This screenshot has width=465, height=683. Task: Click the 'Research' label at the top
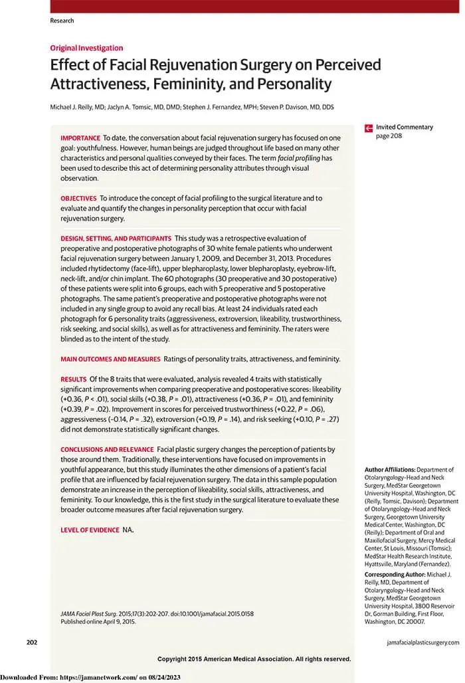tap(62, 21)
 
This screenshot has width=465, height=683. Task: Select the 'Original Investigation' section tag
tap(86, 48)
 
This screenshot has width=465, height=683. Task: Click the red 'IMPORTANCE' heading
tap(80, 136)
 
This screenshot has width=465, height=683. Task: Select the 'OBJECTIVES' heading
tap(78, 198)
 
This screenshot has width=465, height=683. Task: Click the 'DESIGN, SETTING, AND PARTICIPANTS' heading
tap(116, 238)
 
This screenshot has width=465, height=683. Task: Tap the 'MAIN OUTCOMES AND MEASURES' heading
tap(110, 359)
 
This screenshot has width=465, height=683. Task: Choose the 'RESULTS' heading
tap(73, 379)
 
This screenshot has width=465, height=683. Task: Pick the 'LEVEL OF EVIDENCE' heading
tap(90, 530)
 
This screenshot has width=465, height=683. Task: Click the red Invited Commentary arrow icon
tap(369, 128)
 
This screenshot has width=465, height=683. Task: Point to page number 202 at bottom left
tap(31, 642)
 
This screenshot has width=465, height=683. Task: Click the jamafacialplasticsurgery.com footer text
tap(422, 642)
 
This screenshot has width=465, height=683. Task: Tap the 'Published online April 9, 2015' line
tap(98, 621)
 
